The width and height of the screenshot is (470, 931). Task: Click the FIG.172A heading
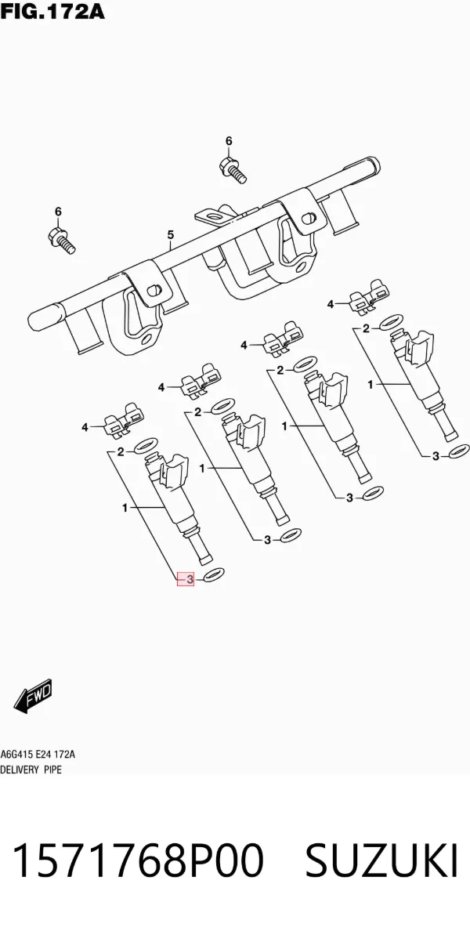click(x=52, y=11)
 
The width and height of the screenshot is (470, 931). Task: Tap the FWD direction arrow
click(x=34, y=696)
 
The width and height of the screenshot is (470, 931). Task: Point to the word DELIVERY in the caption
click(x=18, y=770)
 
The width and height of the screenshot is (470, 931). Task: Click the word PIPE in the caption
click(x=52, y=770)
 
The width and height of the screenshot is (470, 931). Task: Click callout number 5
click(x=170, y=234)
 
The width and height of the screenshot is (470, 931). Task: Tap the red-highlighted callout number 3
click(x=186, y=579)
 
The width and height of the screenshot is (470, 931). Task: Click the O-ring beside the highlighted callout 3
click(x=214, y=575)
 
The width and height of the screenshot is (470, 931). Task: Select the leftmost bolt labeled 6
click(x=61, y=239)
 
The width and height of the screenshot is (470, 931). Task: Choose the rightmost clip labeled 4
click(x=368, y=296)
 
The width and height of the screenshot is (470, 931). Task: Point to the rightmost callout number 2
click(x=366, y=328)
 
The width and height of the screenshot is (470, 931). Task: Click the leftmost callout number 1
click(x=125, y=508)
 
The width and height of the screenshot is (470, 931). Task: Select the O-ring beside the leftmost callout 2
click(x=146, y=445)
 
